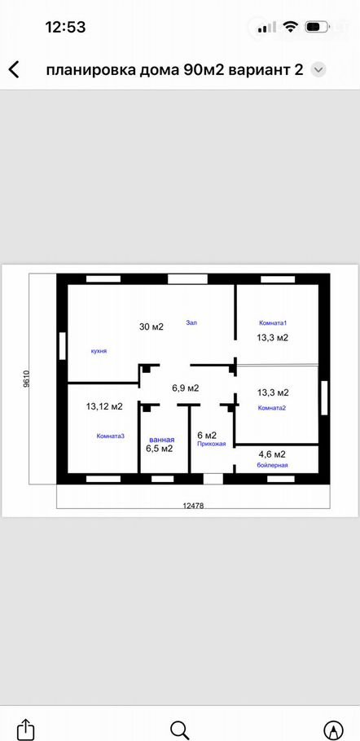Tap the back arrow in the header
(x=14, y=70)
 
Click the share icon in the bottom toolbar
(x=25, y=728)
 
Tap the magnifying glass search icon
(x=179, y=729)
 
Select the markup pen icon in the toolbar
(x=334, y=729)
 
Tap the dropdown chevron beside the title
(x=319, y=70)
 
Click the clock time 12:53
(x=65, y=27)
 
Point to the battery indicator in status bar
(x=317, y=28)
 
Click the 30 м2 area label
(x=151, y=327)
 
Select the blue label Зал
(x=191, y=322)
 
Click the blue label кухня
(x=99, y=351)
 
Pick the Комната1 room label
(x=273, y=323)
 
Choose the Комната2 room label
(x=272, y=408)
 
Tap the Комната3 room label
(x=110, y=436)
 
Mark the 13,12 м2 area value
(x=104, y=406)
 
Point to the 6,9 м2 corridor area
(x=185, y=388)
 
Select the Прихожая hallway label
(x=212, y=444)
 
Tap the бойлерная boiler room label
(x=272, y=466)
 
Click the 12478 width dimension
(x=193, y=505)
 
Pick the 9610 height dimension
(x=26, y=379)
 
